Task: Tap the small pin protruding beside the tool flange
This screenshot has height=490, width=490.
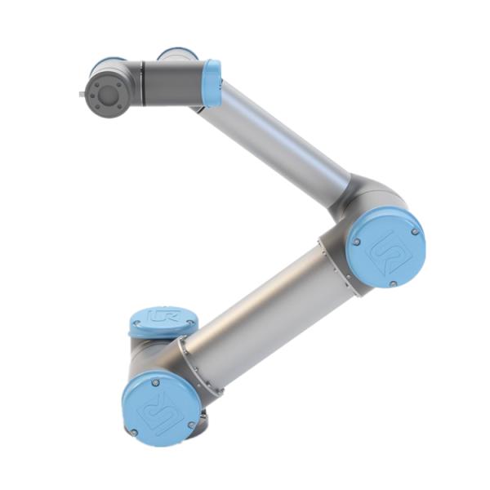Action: point(82,96)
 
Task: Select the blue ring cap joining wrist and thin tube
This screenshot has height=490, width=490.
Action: point(212,82)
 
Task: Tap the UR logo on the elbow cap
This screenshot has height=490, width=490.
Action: point(385,247)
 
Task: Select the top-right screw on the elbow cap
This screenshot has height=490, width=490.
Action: point(415,231)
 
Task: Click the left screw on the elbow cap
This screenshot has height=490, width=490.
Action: point(356,241)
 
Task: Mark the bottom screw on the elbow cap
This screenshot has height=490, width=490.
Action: point(393,283)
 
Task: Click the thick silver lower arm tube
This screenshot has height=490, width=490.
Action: point(261,318)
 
